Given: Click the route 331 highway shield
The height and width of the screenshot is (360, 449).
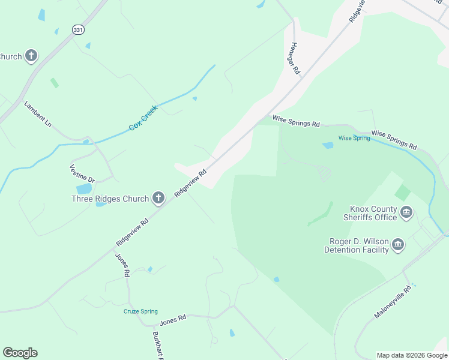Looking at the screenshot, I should [79, 29].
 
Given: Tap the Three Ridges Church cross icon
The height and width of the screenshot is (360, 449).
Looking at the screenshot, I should [158, 197].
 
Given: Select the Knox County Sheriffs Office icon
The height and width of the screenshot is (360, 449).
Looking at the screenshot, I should [406, 212].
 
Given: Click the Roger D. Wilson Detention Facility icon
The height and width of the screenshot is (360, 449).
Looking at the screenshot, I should [397, 244].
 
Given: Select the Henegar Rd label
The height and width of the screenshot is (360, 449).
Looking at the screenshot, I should [295, 58].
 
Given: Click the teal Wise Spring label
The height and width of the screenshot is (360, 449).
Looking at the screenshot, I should [354, 138].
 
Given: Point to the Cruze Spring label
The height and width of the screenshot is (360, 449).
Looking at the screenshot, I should [140, 311].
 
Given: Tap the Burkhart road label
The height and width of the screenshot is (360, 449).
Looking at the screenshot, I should [158, 345].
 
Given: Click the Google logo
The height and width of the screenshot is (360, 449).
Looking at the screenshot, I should [20, 353].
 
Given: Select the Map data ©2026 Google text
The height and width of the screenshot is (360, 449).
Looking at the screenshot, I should [411, 355].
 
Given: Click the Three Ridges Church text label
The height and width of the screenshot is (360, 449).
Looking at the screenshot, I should [110, 199].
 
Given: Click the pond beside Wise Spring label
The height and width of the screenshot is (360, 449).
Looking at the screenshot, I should [328, 145].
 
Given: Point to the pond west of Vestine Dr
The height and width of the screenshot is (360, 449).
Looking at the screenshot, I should [84, 189].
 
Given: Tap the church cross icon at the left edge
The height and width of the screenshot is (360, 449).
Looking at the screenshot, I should [31, 56].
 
